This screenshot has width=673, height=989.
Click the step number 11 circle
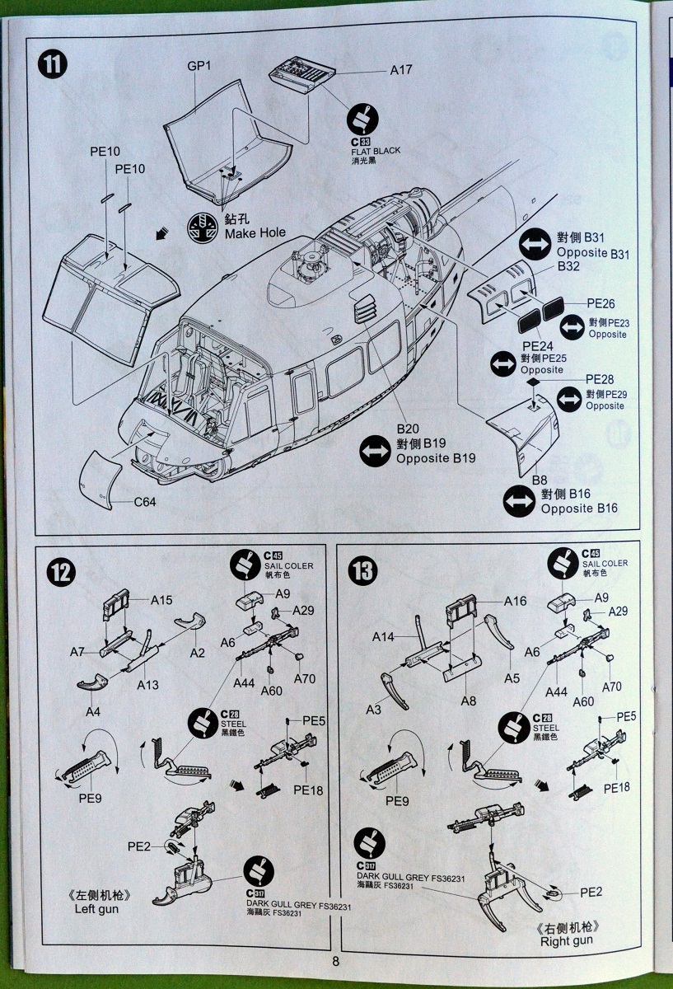[x=53, y=64]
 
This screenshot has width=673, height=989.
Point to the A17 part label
[x=400, y=70]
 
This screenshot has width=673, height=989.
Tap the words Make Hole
[x=255, y=233]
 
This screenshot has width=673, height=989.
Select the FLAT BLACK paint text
[x=375, y=151]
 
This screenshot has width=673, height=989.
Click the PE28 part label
[x=600, y=379]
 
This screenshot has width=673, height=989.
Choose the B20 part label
[x=408, y=429]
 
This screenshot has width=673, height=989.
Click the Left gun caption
[x=97, y=909]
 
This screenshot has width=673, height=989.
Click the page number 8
[x=336, y=960]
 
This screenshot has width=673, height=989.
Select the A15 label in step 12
[x=161, y=600]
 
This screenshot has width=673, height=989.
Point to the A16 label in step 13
[x=515, y=600]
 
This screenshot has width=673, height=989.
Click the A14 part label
[x=383, y=636]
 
